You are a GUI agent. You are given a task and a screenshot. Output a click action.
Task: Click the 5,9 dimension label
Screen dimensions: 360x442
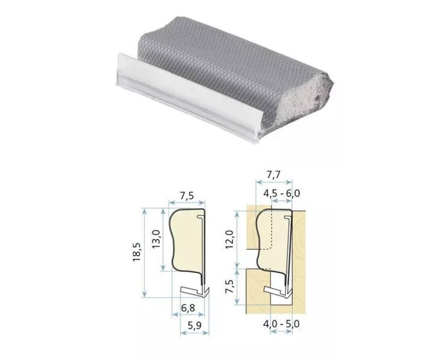[194, 326]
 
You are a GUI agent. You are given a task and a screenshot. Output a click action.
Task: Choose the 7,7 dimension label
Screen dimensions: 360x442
[273, 175]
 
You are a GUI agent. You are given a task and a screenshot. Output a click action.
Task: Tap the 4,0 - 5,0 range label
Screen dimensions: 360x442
[282, 324]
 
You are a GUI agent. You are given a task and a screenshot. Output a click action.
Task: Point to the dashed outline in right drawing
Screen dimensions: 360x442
[272, 233]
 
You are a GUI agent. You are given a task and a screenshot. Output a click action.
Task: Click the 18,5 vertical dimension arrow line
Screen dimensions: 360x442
[144, 253]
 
